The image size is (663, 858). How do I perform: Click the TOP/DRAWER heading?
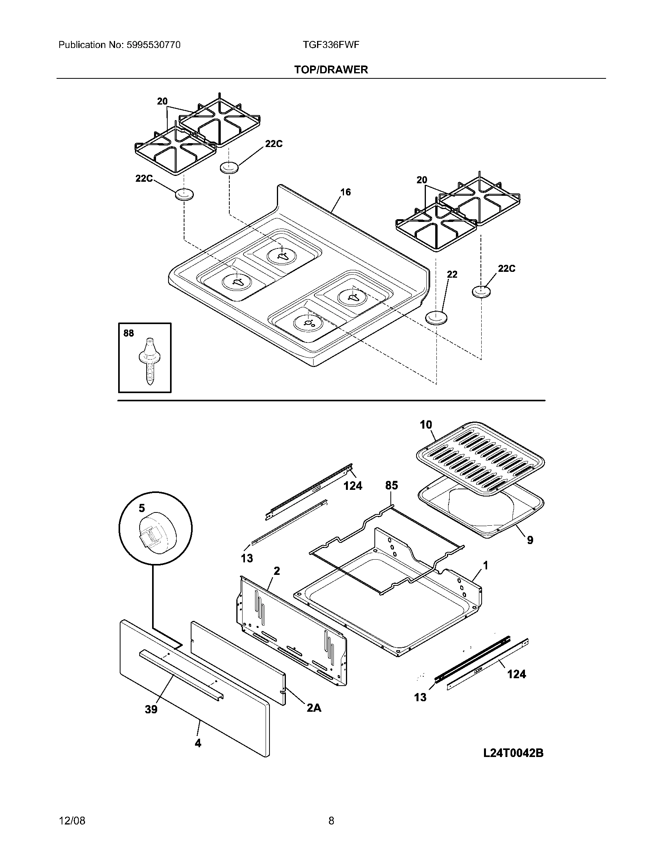(x=331, y=69)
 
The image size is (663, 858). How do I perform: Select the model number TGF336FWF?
(x=331, y=45)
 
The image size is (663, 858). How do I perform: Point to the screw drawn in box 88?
(x=149, y=361)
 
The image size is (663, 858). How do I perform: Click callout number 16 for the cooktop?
(x=345, y=192)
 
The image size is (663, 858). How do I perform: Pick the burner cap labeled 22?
(x=436, y=317)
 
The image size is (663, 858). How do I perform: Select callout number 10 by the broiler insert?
(x=426, y=425)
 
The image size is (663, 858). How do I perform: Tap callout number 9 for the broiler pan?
(x=530, y=540)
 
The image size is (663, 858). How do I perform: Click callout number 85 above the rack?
(x=392, y=486)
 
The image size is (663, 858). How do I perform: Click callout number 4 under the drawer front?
(x=198, y=743)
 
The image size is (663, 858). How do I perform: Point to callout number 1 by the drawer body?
(x=486, y=565)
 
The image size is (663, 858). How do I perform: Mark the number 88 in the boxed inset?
(x=128, y=333)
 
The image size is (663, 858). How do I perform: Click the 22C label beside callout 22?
(x=507, y=269)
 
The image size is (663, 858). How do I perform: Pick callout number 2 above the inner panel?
(x=277, y=571)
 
